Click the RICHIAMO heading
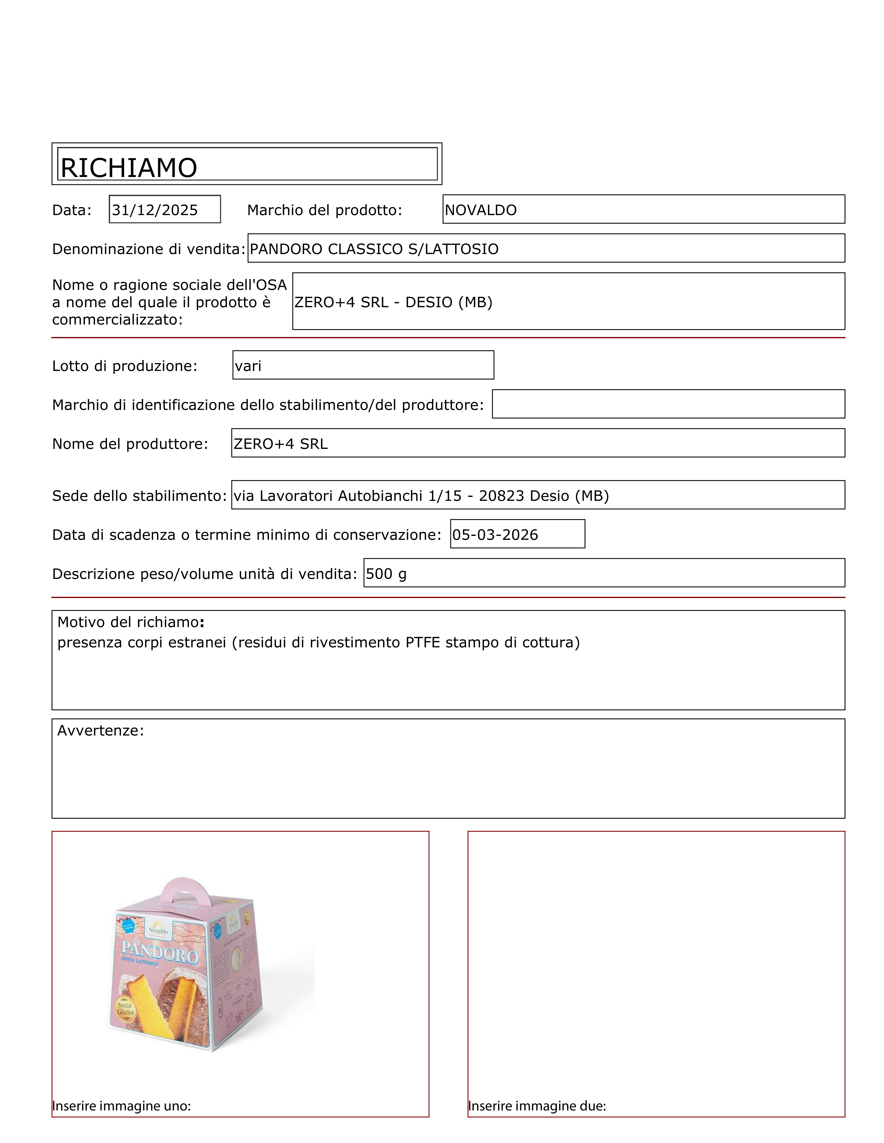click(129, 168)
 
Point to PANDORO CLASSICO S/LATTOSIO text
click(374, 249)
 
